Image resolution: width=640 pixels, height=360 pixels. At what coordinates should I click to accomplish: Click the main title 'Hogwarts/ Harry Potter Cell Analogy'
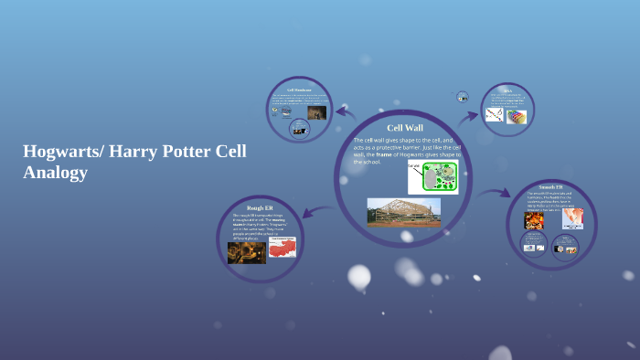point(134,162)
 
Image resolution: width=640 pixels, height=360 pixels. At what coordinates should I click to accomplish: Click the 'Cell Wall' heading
point(404,128)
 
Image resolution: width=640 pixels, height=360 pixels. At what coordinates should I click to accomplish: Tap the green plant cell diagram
point(432,177)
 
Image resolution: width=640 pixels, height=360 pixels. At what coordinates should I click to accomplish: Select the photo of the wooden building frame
point(403,212)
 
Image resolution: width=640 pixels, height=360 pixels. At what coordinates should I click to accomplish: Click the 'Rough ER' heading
point(261,208)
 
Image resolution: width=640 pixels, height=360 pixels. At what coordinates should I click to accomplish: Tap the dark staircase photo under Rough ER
point(246,252)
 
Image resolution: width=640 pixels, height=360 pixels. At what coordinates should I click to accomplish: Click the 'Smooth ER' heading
point(551,187)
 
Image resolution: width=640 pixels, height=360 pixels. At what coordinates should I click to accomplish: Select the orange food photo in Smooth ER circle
point(534,220)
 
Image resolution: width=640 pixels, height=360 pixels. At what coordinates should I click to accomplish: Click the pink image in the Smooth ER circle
point(572,218)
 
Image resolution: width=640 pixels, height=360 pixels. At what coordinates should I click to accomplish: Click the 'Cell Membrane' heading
point(299,90)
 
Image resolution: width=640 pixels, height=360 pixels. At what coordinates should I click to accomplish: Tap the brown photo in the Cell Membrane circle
point(316,112)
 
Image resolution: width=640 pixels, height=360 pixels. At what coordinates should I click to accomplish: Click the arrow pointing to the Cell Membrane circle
point(345,112)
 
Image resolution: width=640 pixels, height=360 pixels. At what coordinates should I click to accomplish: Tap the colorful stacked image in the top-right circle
point(517,116)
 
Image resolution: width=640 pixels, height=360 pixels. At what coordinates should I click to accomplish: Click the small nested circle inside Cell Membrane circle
point(299,129)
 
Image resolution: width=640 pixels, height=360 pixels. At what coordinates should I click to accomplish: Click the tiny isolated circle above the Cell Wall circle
point(463,97)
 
